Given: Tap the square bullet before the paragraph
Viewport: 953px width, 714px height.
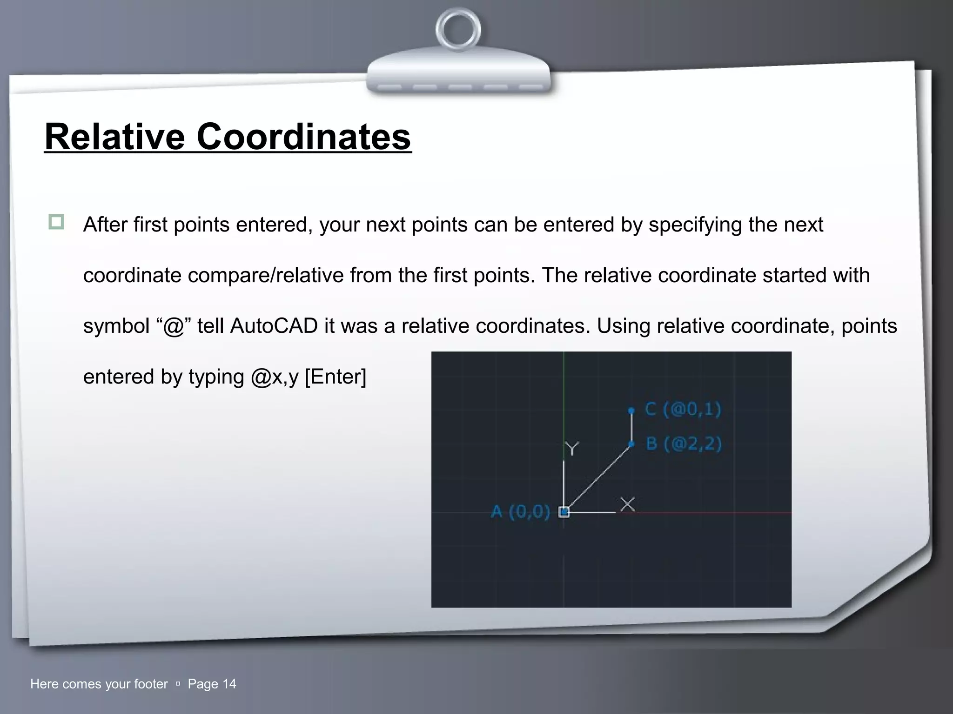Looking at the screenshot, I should (56, 222).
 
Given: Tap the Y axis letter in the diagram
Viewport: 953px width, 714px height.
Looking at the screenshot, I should (572, 449).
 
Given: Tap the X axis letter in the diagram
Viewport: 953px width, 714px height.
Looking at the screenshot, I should (628, 504).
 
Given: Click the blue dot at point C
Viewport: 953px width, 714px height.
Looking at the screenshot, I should (631, 410).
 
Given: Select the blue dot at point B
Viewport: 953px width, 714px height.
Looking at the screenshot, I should (631, 444).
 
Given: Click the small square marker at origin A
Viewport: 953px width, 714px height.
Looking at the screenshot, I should (564, 512).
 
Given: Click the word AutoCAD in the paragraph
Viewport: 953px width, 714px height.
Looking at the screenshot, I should (274, 326).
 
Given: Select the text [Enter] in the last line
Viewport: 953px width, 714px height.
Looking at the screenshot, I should (336, 377).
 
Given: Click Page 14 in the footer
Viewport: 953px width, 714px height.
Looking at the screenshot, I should (212, 684).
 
